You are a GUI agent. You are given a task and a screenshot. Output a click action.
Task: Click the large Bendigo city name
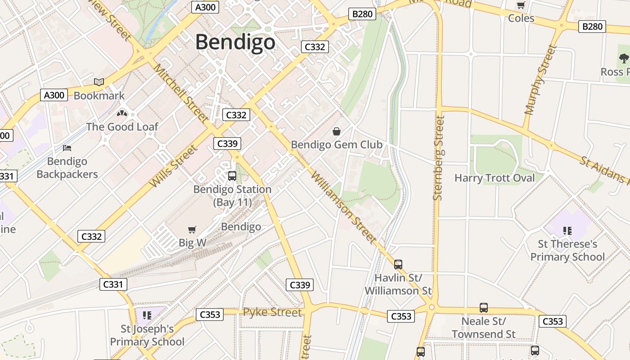pyautogui.click(x=235, y=42)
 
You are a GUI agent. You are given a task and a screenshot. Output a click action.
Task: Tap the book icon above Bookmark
pyautogui.click(x=99, y=82)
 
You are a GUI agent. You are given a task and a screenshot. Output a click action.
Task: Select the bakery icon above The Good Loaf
pyautogui.click(x=122, y=113)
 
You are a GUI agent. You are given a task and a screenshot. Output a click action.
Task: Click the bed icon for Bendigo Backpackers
pyautogui.click(x=67, y=148)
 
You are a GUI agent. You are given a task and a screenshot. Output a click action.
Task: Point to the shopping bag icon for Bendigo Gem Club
pyautogui.click(x=336, y=131)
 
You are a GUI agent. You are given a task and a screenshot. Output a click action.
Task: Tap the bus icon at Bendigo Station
pyautogui.click(x=232, y=176)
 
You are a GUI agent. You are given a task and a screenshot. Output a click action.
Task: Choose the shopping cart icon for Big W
pyautogui.click(x=192, y=230)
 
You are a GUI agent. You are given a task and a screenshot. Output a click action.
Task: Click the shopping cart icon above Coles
pyautogui.click(x=521, y=5)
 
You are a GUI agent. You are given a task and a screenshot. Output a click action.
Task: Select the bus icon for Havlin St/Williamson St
pyautogui.click(x=398, y=265)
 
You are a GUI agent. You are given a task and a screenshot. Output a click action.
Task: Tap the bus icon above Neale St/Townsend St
pyautogui.click(x=484, y=308)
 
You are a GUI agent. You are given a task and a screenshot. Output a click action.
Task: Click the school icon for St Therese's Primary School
pyautogui.click(x=567, y=231)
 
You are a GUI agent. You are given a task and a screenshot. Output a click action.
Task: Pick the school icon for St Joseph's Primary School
pyautogui.click(x=147, y=315)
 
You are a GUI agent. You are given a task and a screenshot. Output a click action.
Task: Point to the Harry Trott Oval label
pyautogui.click(x=495, y=178)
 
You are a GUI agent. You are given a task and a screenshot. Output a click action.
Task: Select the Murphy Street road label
pyautogui.click(x=540, y=80)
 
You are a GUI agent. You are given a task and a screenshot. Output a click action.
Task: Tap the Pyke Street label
pyautogui.click(x=272, y=312)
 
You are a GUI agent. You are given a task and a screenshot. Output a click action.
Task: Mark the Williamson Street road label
pyautogui.click(x=343, y=207)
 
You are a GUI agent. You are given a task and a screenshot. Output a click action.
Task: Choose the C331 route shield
pyautogui.click(x=112, y=284)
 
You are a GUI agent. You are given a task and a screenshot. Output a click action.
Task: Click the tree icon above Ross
pyautogui.click(x=624, y=58)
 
